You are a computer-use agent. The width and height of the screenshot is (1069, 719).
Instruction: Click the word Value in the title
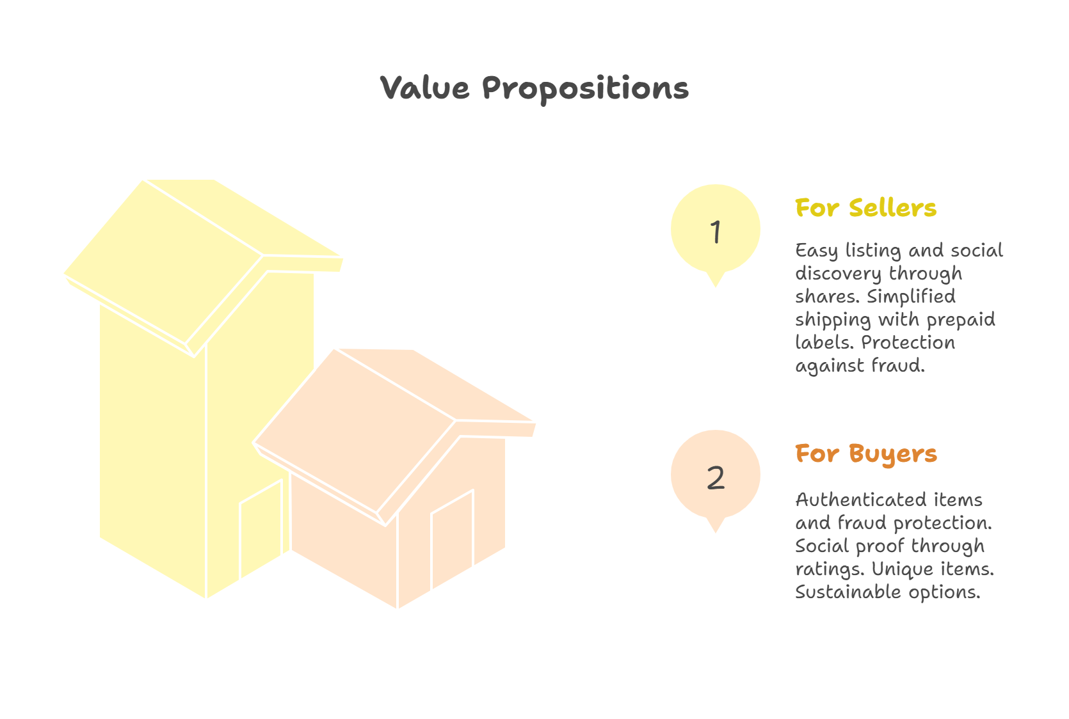[424, 88]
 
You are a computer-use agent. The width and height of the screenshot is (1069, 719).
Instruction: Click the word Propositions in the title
[585, 89]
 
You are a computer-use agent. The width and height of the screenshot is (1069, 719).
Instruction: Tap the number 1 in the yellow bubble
[716, 232]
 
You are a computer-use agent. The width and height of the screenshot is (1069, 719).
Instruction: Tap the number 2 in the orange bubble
[716, 478]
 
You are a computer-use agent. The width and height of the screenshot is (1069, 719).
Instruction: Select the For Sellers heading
[865, 208]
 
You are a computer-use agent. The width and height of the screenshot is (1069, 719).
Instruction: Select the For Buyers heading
[865, 454]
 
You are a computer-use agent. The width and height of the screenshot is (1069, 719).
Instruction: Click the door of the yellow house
[261, 530]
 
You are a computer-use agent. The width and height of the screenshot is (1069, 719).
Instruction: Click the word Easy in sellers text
[816, 251]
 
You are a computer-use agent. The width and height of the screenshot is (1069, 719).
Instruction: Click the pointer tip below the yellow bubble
[716, 283]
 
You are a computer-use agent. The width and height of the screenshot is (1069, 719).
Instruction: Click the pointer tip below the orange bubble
[716, 530]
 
